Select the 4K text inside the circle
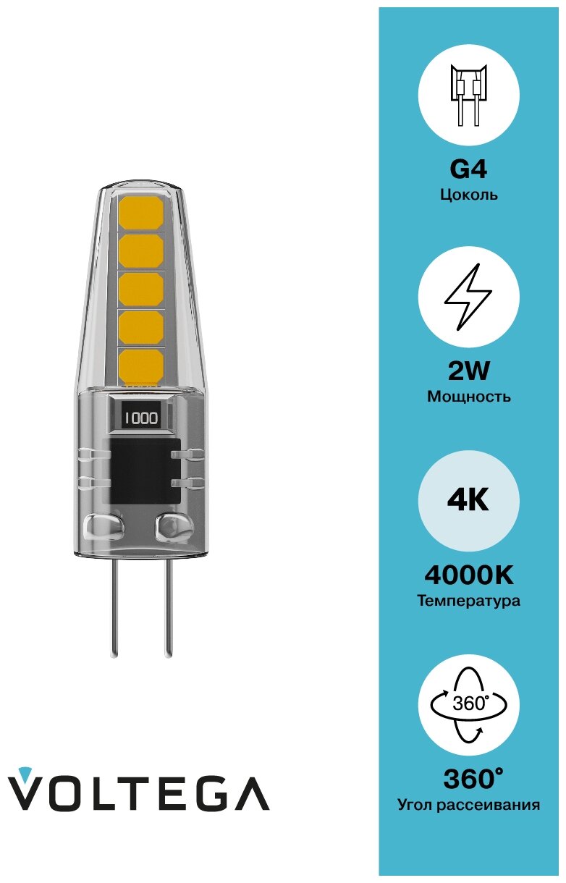click(x=468, y=500)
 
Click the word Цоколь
click(x=468, y=195)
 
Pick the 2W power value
click(x=468, y=371)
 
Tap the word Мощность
click(x=468, y=397)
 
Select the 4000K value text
click(x=468, y=575)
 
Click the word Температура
click(x=468, y=601)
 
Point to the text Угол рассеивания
click(x=468, y=805)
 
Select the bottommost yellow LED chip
click(x=140, y=365)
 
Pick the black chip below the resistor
click(x=142, y=470)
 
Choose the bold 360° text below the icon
click(x=472, y=779)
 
